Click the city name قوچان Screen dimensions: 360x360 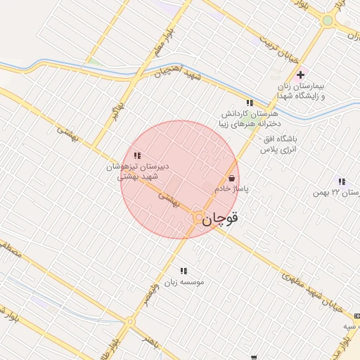pos(221,219)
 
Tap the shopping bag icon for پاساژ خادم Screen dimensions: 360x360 pos(231,179)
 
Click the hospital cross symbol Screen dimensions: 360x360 pos(301,75)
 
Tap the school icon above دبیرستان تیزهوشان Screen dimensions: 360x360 pos(136,155)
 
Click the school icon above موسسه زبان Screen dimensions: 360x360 pos(184,271)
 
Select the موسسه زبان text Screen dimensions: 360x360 pos(184,282)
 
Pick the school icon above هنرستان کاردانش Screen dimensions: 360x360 pos(250,103)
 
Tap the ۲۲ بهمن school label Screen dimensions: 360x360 pos(340,193)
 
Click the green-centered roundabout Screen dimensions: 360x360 pos(327,21)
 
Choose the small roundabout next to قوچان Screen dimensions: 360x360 pos(199,218)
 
